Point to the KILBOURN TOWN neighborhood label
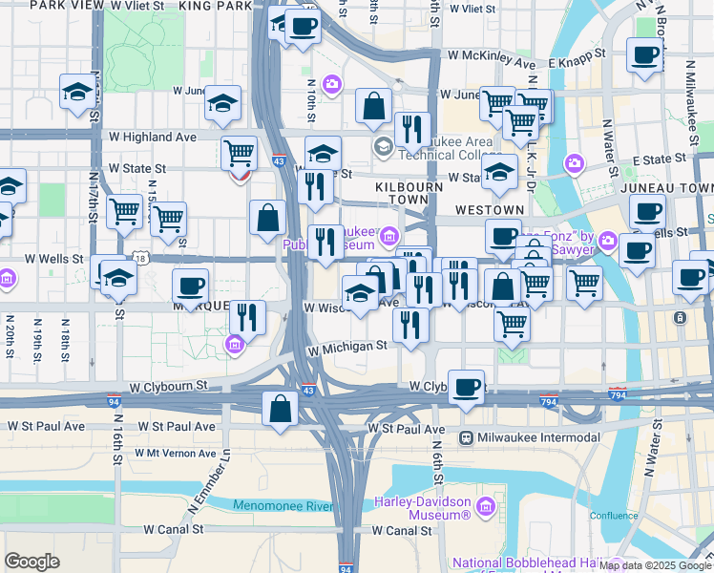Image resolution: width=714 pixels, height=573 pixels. [x=409, y=187]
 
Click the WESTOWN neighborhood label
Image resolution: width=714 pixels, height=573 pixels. [x=490, y=209]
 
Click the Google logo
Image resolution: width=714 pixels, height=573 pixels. [x=32, y=562]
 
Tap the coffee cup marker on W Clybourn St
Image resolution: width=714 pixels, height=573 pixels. [x=466, y=388]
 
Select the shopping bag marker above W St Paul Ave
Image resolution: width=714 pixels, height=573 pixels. [x=280, y=410]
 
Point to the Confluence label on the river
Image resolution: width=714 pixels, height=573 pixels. [x=613, y=516]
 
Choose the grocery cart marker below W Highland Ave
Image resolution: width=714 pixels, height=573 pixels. [x=238, y=152]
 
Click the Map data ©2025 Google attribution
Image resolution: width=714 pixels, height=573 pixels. [x=656, y=565]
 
